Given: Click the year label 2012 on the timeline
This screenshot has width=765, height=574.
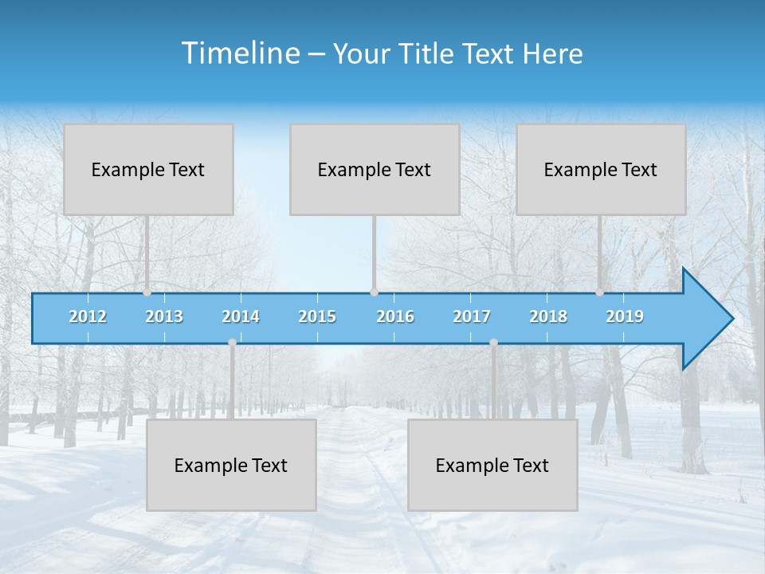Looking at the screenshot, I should (88, 316).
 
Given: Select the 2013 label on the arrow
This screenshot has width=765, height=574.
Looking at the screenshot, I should (164, 316).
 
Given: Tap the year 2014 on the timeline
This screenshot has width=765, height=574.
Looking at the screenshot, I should (241, 316).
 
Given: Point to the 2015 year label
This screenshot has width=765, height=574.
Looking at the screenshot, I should (317, 316).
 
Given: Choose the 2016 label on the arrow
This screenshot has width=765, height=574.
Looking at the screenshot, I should (395, 316).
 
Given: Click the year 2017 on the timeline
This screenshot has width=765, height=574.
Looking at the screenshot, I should (472, 316).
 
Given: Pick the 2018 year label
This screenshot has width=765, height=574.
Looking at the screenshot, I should (548, 316).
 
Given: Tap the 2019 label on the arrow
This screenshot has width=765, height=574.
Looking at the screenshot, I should (625, 316).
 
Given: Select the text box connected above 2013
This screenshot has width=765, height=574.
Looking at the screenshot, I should (148, 169).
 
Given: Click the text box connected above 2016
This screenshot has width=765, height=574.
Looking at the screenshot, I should (375, 169).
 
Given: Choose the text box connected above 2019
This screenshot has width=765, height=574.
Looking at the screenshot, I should (601, 169).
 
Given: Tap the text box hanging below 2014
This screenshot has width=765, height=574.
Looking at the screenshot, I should (231, 465).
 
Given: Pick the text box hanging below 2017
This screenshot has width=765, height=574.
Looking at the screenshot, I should (492, 465).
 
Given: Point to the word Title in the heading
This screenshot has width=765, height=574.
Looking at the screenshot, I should (431, 53).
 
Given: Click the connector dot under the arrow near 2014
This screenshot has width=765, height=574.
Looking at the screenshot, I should (232, 343).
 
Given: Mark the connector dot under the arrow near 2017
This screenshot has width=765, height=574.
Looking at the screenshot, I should (493, 343).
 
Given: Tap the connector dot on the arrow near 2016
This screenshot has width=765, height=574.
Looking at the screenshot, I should (374, 292).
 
